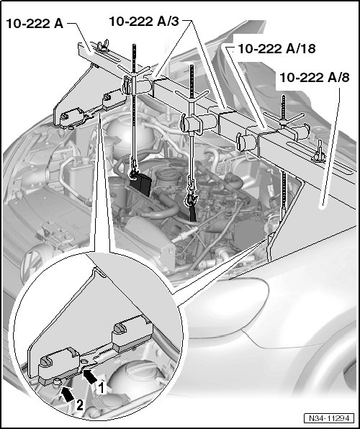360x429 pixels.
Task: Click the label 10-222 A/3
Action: coord(144,22)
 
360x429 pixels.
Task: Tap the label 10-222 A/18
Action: coord(277,49)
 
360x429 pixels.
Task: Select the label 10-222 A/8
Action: coord(315,78)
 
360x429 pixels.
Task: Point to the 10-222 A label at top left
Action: coord(35,24)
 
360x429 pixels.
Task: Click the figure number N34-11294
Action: coord(329,418)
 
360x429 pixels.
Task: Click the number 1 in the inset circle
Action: coord(101,388)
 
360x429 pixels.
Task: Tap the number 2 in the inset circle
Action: coord(79,405)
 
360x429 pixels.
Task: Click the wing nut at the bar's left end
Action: coord(102,45)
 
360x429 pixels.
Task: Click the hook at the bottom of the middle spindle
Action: coord(191,199)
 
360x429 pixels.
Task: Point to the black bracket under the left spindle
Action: coord(140,184)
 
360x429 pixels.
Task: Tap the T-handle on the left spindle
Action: coord(134,71)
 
